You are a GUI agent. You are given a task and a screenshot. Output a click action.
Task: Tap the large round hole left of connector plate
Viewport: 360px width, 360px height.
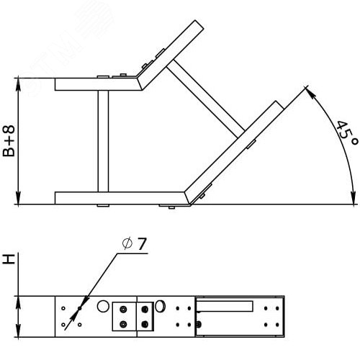(103, 307)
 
